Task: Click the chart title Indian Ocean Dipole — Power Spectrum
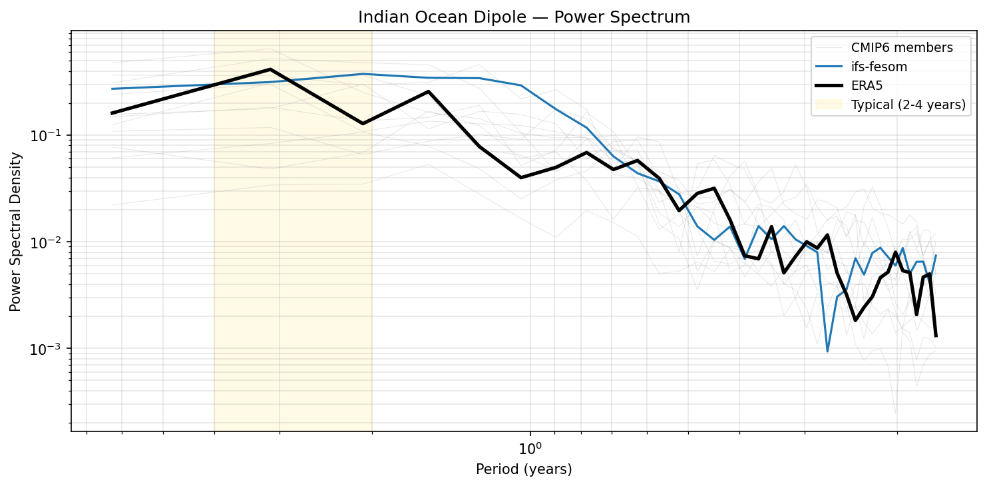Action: [x=524, y=17]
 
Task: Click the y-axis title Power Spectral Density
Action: [x=15, y=231]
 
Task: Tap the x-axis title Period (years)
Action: [x=524, y=469]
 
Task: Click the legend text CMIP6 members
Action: [x=902, y=48]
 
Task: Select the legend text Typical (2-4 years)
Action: [x=908, y=105]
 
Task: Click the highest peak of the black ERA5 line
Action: [x=270, y=69]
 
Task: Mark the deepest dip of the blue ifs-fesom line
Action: [x=827, y=352]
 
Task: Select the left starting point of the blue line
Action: [x=112, y=89]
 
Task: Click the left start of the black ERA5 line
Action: [x=112, y=113]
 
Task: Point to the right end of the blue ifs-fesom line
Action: [x=936, y=255]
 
